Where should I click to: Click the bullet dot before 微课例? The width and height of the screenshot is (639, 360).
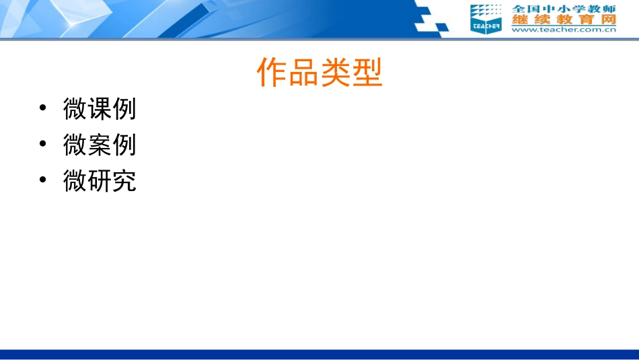click(x=43, y=108)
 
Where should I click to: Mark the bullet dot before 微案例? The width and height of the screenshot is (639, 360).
click(x=43, y=144)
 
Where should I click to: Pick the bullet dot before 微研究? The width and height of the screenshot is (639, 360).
click(x=43, y=180)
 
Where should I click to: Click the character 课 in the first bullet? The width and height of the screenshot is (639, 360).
click(x=100, y=108)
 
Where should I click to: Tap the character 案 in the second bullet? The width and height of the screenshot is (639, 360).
click(x=100, y=144)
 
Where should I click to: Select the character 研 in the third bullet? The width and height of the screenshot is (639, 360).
click(x=100, y=180)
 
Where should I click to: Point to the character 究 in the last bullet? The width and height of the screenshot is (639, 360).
click(x=124, y=180)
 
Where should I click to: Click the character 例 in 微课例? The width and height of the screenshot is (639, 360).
click(x=124, y=108)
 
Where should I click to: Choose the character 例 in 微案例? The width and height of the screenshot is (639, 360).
click(x=124, y=144)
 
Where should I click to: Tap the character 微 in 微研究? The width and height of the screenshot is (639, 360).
click(x=75, y=180)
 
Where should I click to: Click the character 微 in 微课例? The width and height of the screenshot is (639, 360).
click(x=75, y=108)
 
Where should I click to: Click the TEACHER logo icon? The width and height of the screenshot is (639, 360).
click(x=486, y=18)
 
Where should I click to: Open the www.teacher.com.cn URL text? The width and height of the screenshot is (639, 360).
click(x=564, y=30)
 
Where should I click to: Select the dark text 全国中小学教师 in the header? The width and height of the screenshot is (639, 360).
click(x=564, y=9)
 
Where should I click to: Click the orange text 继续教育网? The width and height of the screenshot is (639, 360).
click(x=564, y=20)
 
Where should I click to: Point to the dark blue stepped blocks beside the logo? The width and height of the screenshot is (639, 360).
click(x=430, y=19)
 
